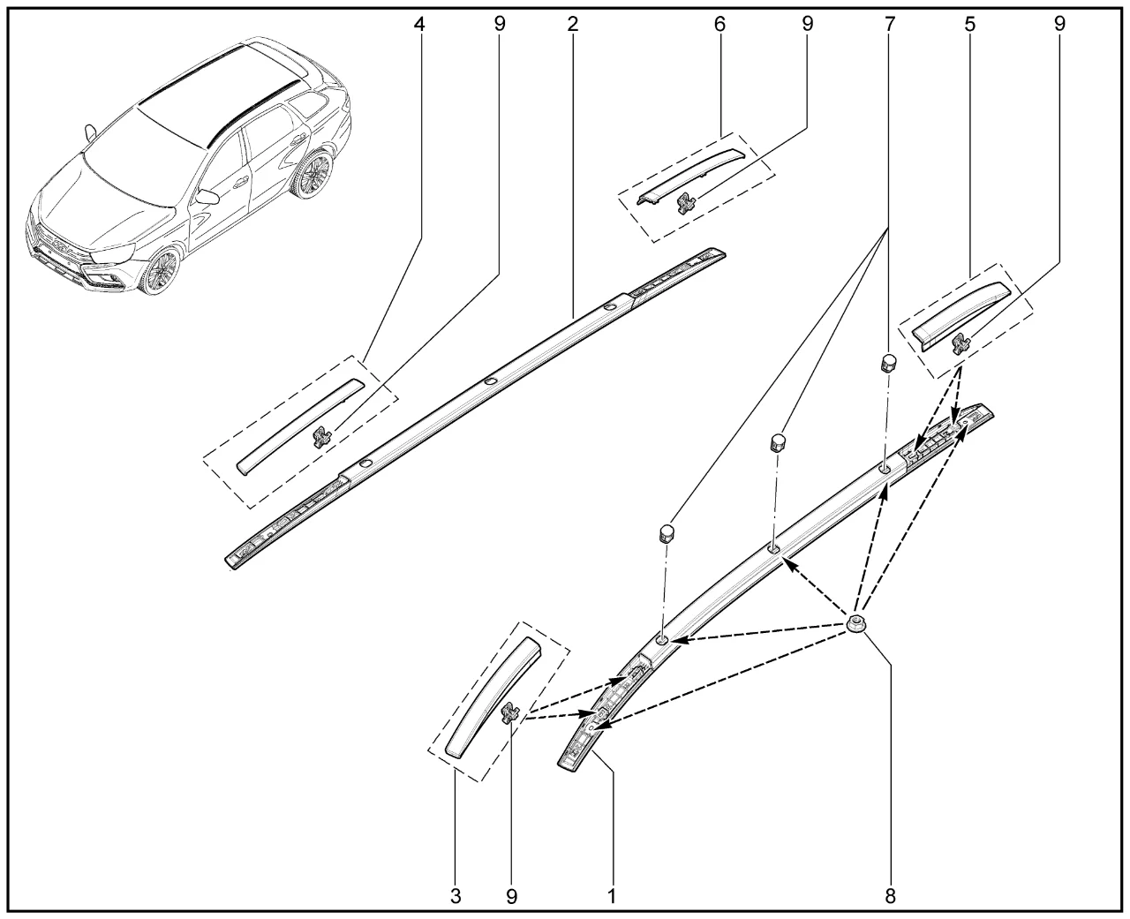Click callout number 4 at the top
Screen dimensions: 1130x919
tap(419, 25)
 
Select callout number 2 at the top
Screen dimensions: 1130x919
tap(572, 25)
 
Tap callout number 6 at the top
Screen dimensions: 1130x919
tap(719, 25)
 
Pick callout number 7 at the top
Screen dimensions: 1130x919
tap(890, 25)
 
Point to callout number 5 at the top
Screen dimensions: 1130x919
tap(970, 25)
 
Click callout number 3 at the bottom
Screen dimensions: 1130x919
tap(456, 896)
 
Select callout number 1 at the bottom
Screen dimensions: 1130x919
tap(612, 896)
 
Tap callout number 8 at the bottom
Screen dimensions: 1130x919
tap(890, 896)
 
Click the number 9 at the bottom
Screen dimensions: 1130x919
tap(511, 896)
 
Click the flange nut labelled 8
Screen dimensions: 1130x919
tap(856, 624)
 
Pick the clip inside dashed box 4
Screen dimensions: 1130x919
tap(321, 437)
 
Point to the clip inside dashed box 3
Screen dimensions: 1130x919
tap(510, 712)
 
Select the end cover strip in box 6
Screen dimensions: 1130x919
tap(689, 176)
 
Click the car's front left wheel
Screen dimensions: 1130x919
tap(160, 270)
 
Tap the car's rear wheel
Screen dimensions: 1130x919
tap(313, 175)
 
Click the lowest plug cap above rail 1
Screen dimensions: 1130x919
tap(667, 533)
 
